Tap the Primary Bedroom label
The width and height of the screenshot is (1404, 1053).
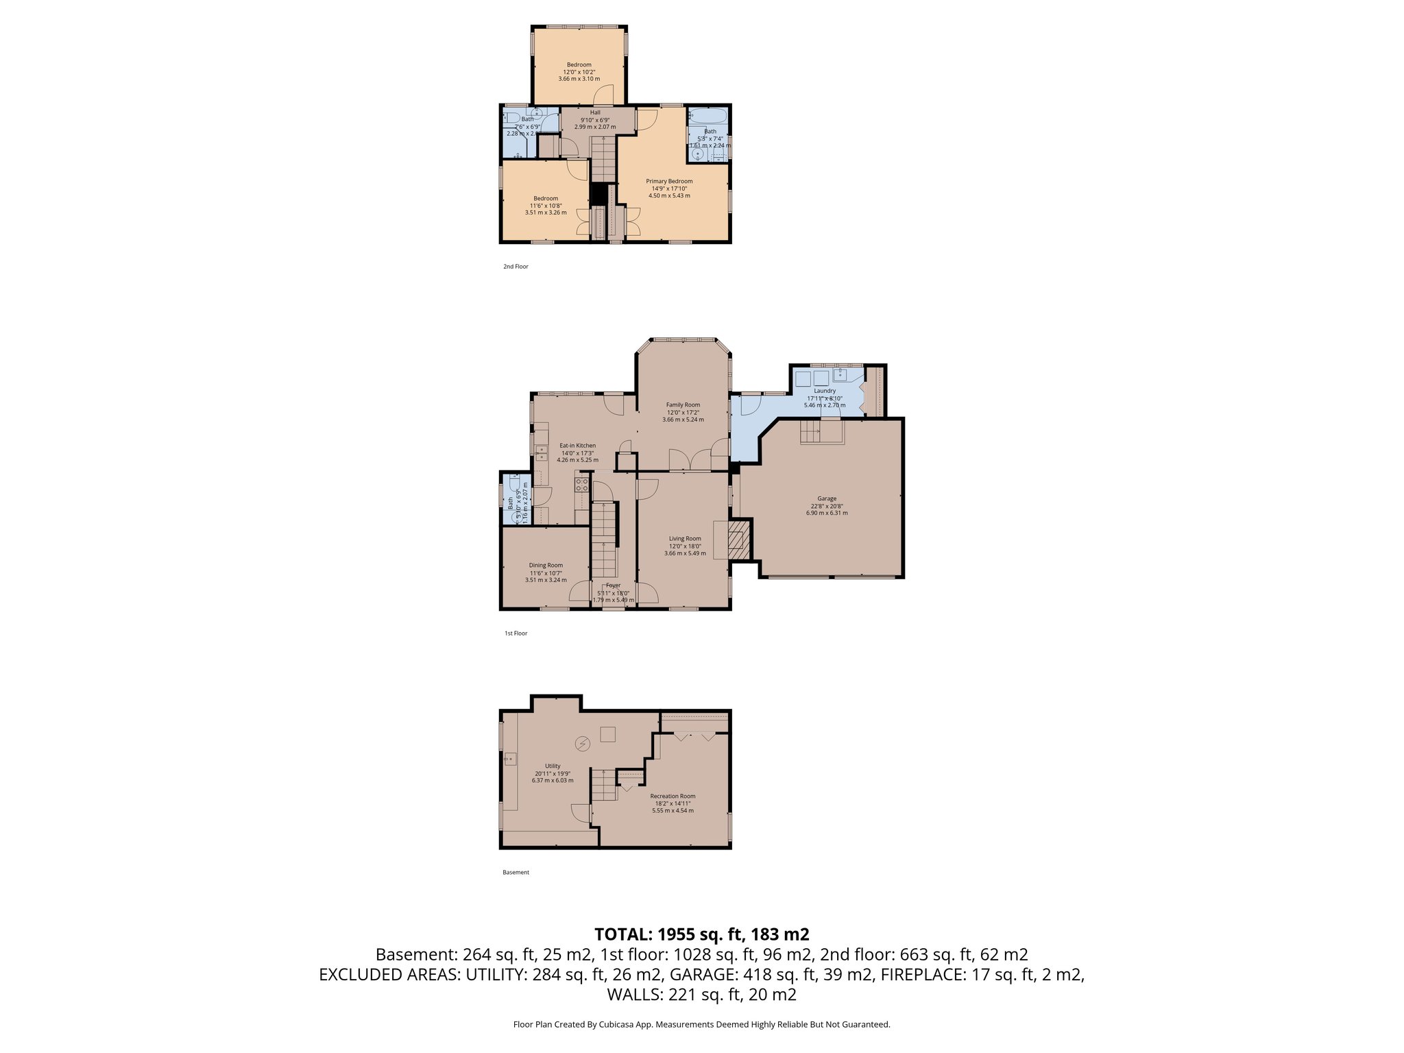point(669,181)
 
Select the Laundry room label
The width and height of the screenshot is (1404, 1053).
point(825,391)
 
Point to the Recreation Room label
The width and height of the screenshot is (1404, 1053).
point(673,797)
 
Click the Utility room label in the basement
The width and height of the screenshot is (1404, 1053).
point(553,766)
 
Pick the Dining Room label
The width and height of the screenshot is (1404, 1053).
point(546,566)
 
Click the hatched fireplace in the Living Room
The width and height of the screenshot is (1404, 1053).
point(739,540)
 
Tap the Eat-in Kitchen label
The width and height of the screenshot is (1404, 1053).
point(577,446)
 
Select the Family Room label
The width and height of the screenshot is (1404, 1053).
point(683,405)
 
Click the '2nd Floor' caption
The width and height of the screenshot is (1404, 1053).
point(516,267)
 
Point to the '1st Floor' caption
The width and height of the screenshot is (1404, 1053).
point(516,633)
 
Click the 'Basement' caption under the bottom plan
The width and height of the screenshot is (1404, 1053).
point(516,873)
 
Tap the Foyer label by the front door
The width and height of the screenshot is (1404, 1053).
point(613,585)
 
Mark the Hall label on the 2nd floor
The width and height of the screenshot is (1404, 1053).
point(595,112)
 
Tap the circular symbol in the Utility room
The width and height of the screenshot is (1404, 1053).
point(583,744)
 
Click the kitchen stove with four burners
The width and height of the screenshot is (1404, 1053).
point(582,485)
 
